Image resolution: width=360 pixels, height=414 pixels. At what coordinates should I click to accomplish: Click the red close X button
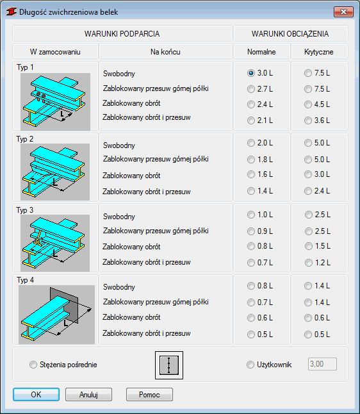[x=343, y=12]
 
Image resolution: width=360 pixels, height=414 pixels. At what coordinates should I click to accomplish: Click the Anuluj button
[x=88, y=395]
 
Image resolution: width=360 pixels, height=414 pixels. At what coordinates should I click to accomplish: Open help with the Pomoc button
[x=149, y=395]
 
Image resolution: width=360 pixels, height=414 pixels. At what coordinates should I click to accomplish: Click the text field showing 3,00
[x=322, y=364]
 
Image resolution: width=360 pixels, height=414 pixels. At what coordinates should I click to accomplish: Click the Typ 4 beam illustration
[x=56, y=314]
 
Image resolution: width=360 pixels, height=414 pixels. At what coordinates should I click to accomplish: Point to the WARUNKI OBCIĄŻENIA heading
[x=290, y=34]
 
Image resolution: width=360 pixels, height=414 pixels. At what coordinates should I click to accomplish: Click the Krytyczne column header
[x=319, y=52]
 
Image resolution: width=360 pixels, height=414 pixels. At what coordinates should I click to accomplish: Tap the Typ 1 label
[x=26, y=67]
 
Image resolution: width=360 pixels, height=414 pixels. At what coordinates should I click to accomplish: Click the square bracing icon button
[x=169, y=365]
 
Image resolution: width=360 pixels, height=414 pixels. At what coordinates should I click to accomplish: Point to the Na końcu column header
[x=165, y=52]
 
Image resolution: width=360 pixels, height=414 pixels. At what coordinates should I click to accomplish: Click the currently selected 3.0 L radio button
[x=250, y=73]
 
